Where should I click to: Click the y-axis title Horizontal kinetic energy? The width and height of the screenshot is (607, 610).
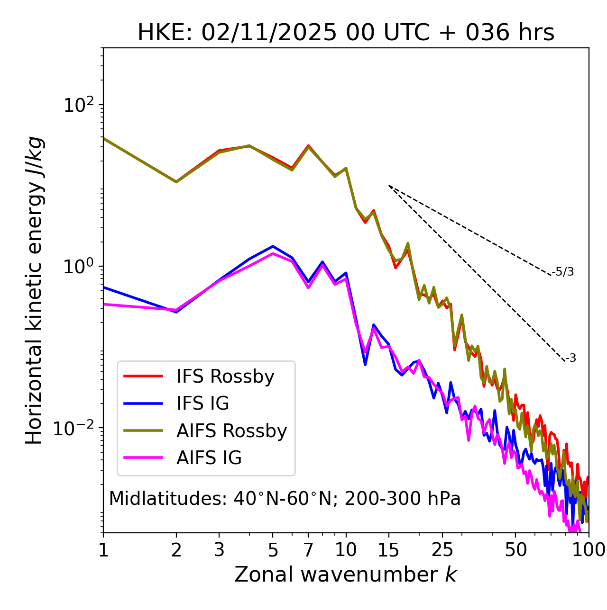34,290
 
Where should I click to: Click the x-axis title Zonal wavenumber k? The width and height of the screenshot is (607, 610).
345,574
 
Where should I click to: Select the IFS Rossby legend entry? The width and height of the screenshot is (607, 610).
225,377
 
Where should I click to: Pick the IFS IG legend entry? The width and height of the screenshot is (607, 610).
203,404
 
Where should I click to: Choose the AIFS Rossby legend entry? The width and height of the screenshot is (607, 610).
231,431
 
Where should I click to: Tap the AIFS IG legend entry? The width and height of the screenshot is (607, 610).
209,458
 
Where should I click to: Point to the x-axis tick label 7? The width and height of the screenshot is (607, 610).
308,550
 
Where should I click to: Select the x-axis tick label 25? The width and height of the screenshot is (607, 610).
442,550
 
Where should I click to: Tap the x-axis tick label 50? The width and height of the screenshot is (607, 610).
515,550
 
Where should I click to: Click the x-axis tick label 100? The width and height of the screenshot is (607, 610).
589,550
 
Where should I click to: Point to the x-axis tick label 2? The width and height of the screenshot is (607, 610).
176,550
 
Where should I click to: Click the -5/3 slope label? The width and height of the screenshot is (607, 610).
563,272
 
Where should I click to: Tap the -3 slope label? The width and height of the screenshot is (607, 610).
570,358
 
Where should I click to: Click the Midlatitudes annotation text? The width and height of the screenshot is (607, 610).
285,499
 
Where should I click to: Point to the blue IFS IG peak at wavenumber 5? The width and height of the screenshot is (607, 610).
273,246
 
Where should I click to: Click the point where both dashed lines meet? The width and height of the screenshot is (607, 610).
389,186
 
